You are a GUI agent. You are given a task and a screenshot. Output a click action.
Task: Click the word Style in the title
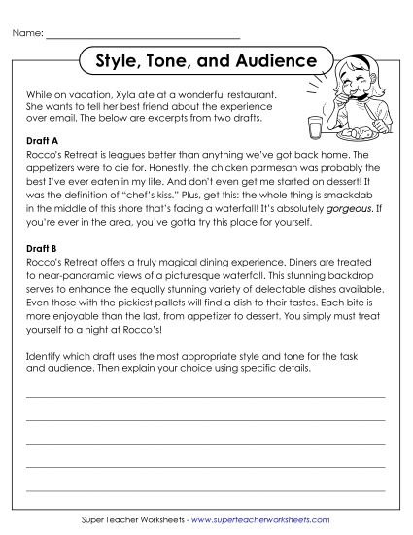coord(119,61)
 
